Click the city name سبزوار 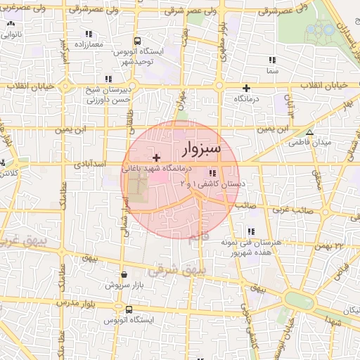(201, 149)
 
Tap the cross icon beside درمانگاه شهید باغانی (155, 157)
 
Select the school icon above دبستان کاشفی (212, 173)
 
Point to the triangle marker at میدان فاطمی (309, 132)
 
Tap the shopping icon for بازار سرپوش (124, 275)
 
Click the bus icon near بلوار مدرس (128, 309)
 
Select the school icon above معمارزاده (88, 34)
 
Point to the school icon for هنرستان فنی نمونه (250, 231)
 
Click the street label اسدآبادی (94, 163)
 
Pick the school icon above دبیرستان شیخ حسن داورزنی (107, 79)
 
